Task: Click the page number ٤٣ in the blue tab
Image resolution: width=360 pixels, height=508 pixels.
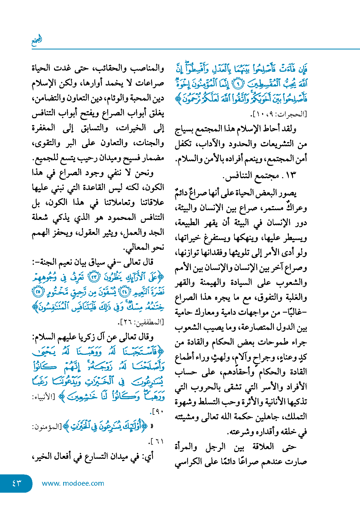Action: coord(16,483)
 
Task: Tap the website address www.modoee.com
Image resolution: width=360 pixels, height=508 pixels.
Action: coord(73,483)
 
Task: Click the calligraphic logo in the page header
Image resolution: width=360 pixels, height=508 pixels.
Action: coord(37,41)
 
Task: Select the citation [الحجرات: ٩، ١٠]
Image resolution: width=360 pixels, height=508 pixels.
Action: coord(279,114)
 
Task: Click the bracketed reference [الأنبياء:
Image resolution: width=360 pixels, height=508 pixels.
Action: coord(44,397)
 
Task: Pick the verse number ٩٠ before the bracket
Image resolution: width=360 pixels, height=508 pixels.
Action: coord(159,411)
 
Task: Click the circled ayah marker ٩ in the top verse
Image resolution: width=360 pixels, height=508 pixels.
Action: coord(237,84)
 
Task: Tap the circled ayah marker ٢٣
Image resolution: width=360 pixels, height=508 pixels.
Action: coord(94,277)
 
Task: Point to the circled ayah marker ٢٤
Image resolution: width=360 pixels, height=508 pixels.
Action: coord(124,292)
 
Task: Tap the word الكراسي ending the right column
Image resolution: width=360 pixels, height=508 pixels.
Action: coord(188,462)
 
